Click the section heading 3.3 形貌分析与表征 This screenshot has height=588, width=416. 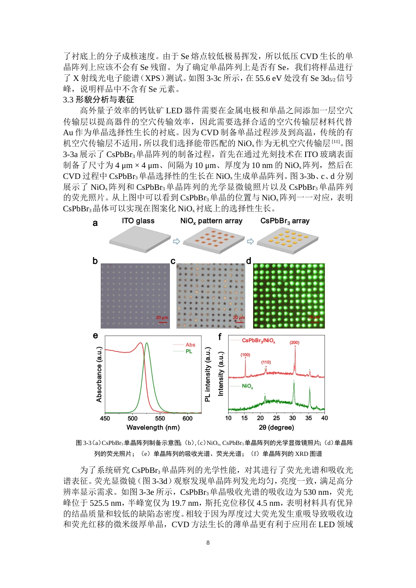[x=99, y=100]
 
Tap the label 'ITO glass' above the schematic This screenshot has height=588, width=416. [x=138, y=221]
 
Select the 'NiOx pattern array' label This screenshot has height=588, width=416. [x=211, y=221]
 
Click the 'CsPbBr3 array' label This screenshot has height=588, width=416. [x=285, y=221]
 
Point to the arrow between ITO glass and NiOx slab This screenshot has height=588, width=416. [x=176, y=241]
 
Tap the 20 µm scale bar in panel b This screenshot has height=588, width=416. [x=162, y=321]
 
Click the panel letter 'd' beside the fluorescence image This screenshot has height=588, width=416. [x=249, y=261]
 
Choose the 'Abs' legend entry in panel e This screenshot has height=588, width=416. [x=190, y=345]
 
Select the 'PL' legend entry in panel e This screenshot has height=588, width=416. [x=189, y=351]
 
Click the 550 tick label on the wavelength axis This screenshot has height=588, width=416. [x=160, y=418]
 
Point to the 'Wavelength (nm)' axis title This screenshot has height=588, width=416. [x=153, y=427]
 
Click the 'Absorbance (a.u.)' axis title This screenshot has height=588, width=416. [x=99, y=374]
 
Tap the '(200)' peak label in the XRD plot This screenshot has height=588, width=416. [x=294, y=343]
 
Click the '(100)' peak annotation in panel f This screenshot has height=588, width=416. [x=245, y=355]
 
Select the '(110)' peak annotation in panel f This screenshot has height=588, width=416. [x=266, y=362]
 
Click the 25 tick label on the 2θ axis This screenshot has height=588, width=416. [x=276, y=418]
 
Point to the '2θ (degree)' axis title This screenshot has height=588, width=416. [x=276, y=427]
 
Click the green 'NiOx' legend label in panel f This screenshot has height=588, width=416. [x=247, y=386]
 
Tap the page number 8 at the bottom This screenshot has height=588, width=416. [x=208, y=542]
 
